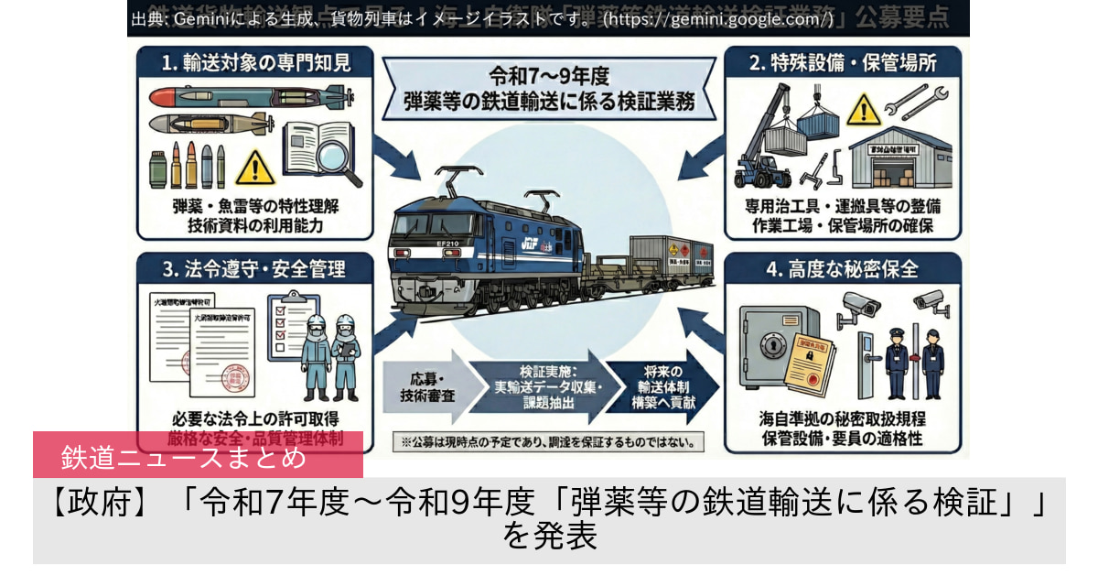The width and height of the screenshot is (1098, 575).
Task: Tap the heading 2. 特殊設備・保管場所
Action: coord(841,63)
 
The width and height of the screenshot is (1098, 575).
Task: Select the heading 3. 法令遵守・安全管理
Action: coord(242,269)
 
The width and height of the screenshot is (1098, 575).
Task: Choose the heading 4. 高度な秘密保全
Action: coord(841,269)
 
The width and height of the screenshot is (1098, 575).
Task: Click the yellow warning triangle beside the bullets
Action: coord(254,167)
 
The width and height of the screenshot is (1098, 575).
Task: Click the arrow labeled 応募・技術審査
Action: coord(422,390)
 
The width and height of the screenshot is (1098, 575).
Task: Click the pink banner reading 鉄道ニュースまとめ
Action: coord(198,455)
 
